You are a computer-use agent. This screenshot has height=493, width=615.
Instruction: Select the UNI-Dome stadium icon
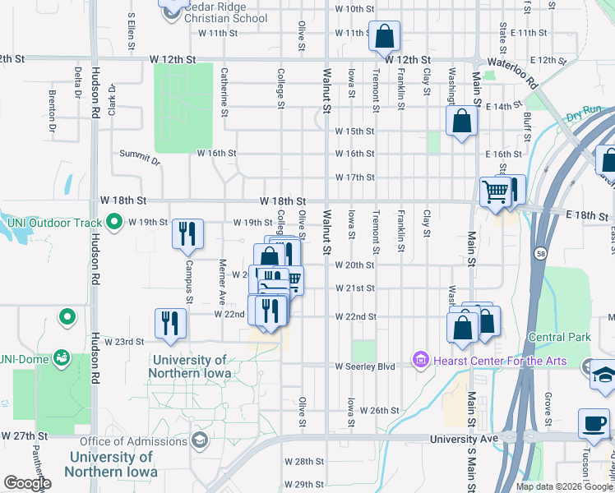61,357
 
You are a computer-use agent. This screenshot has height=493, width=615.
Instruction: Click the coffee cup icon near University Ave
593,424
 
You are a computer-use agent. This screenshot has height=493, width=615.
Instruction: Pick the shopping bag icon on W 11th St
384,37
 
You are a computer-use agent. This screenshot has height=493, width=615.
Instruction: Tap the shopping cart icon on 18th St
496,192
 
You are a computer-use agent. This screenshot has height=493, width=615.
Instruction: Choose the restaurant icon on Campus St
188,234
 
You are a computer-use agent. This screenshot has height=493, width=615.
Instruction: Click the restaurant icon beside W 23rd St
170,323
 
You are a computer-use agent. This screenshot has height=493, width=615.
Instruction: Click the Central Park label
560,337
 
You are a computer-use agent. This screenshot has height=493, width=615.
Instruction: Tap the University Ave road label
465,440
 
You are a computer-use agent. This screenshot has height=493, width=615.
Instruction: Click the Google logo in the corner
26,483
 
